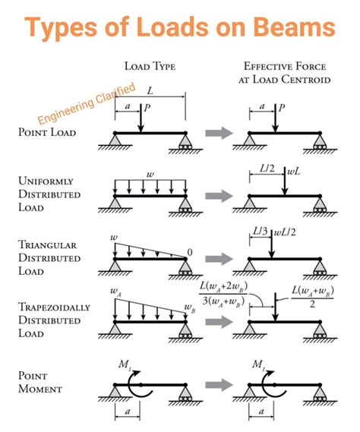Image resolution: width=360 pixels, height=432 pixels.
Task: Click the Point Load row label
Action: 47,132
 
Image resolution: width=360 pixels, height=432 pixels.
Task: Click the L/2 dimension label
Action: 267,167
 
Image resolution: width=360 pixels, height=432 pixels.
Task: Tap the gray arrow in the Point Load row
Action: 218,134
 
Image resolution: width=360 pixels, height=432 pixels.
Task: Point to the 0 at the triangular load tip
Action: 190,252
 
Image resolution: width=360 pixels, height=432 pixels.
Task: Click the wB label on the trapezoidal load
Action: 188,307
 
